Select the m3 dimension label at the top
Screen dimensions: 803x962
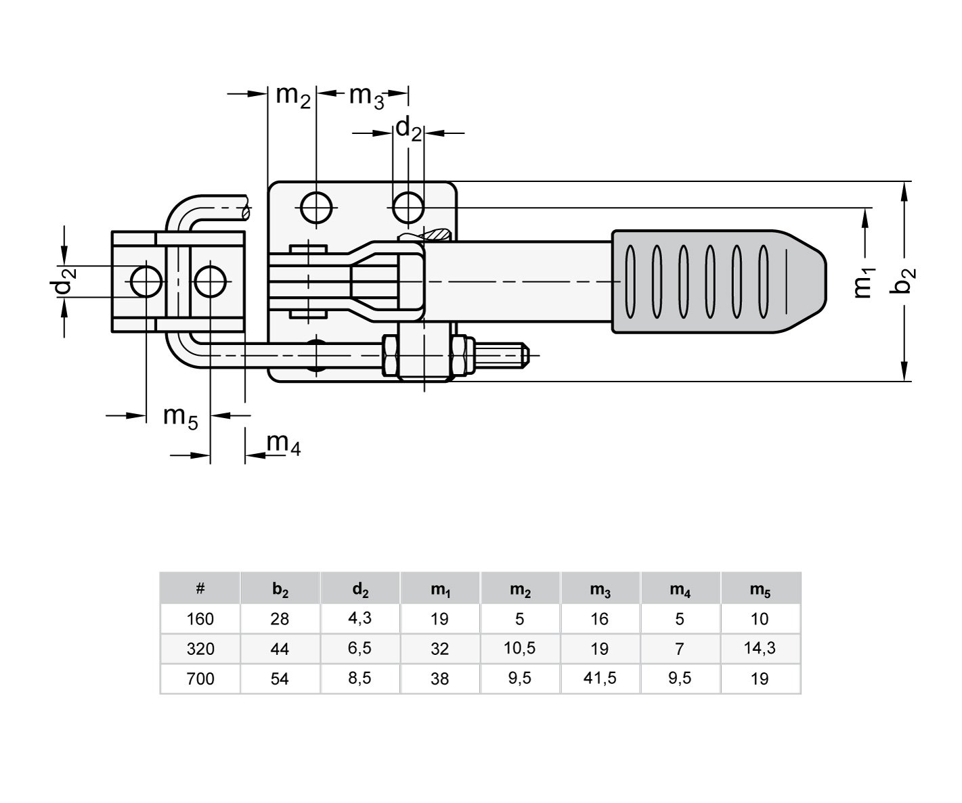pyautogui.click(x=366, y=97)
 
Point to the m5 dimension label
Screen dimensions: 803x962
pyautogui.click(x=180, y=417)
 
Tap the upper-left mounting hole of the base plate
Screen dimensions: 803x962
pyautogui.click(x=316, y=206)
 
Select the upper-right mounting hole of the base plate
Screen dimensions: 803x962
pyautogui.click(x=408, y=206)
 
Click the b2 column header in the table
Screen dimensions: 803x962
pyautogui.click(x=280, y=589)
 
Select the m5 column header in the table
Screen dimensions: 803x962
pyautogui.click(x=760, y=589)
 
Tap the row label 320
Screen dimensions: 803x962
pyautogui.click(x=200, y=649)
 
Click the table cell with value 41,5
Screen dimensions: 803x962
pyautogui.click(x=600, y=679)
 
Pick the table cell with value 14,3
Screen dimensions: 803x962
pyautogui.click(x=760, y=649)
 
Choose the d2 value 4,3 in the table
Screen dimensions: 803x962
pyautogui.click(x=360, y=619)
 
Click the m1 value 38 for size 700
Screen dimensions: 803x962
pyautogui.click(x=440, y=679)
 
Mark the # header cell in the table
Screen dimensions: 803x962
pyautogui.click(x=200, y=589)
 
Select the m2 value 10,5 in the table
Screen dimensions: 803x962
pyautogui.click(x=520, y=649)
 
